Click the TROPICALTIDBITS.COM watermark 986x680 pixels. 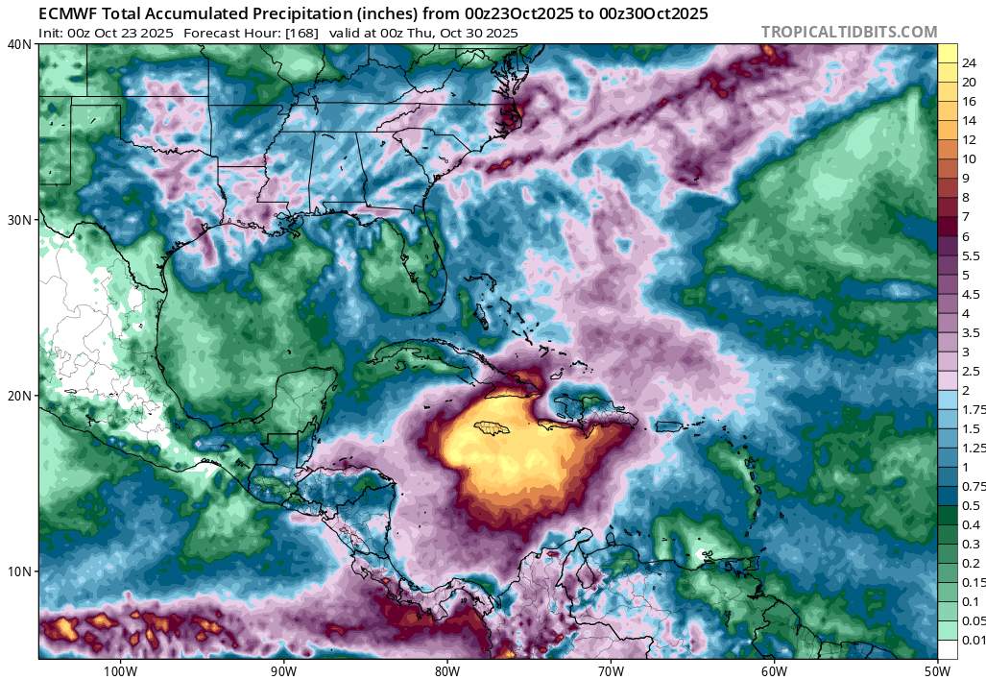(x=849, y=32)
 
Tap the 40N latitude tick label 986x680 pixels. (x=19, y=44)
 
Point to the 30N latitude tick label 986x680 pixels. (x=19, y=220)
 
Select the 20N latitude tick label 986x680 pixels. (x=19, y=396)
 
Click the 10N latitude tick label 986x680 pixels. (x=19, y=571)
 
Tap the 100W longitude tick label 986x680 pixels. (x=120, y=669)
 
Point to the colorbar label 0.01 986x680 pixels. (x=973, y=641)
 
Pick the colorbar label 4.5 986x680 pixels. (x=970, y=294)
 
